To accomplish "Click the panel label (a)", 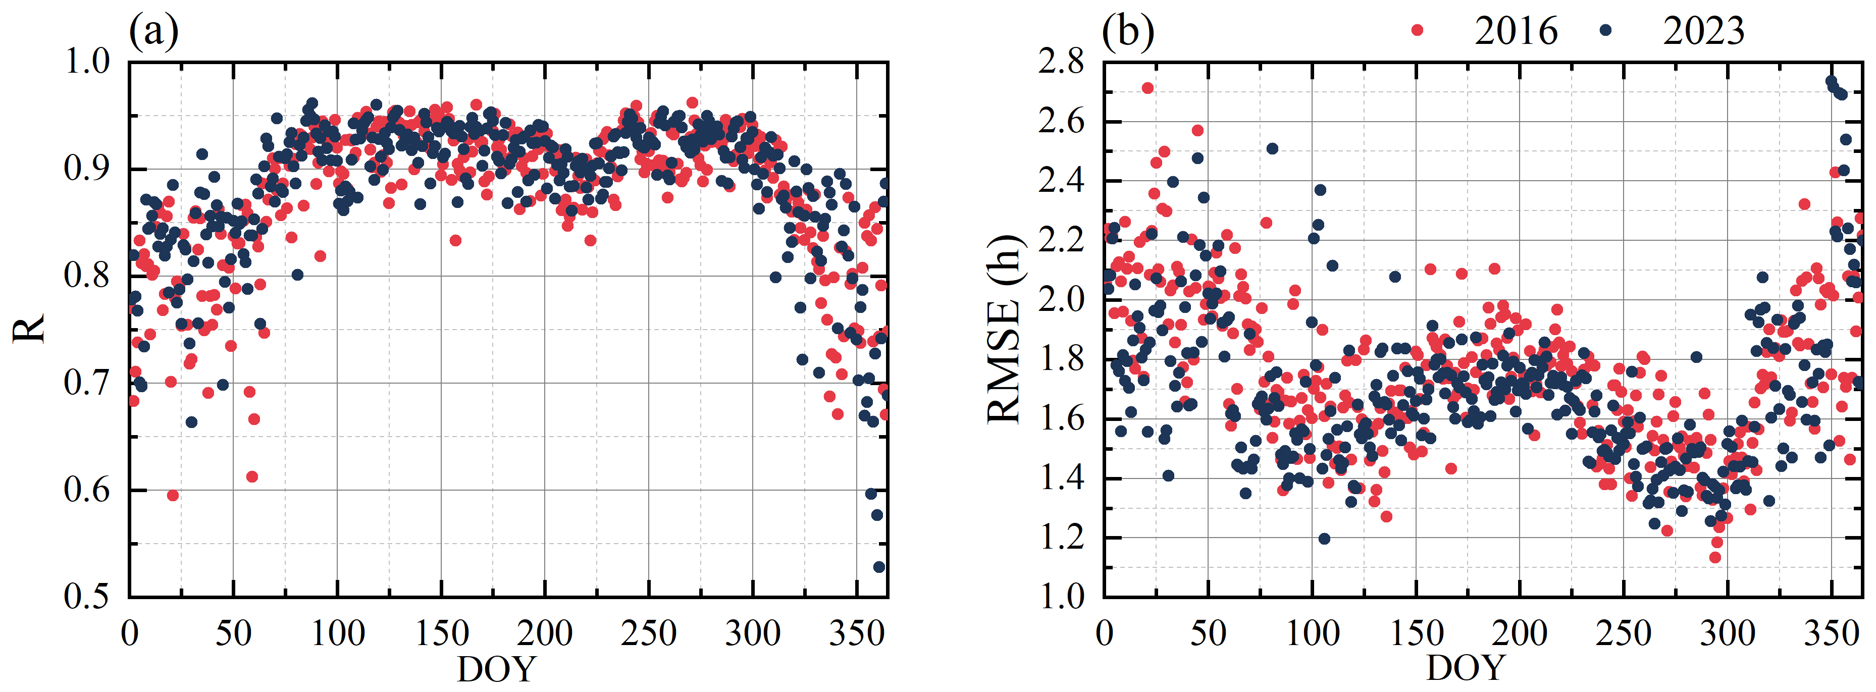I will (153, 31).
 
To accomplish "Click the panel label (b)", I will (1127, 31).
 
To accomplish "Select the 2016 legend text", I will (1516, 31).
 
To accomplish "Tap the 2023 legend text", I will (1703, 31).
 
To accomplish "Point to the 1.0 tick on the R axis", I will (87, 62).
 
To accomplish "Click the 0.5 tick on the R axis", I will (87, 597).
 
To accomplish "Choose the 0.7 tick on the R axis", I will (87, 383).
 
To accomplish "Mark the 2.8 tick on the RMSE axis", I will (1061, 62).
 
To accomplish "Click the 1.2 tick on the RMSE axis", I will (1061, 538).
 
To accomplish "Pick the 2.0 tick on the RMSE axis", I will (1061, 299).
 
